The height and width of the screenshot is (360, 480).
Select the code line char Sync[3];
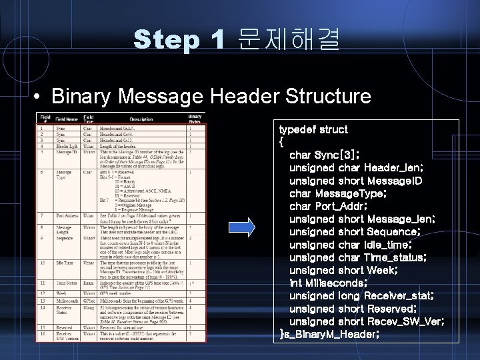click(325, 155)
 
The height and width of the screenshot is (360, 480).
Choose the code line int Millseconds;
click(327, 282)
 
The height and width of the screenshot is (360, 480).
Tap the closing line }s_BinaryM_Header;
click(330, 333)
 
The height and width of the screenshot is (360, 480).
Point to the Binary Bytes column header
click(195, 119)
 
